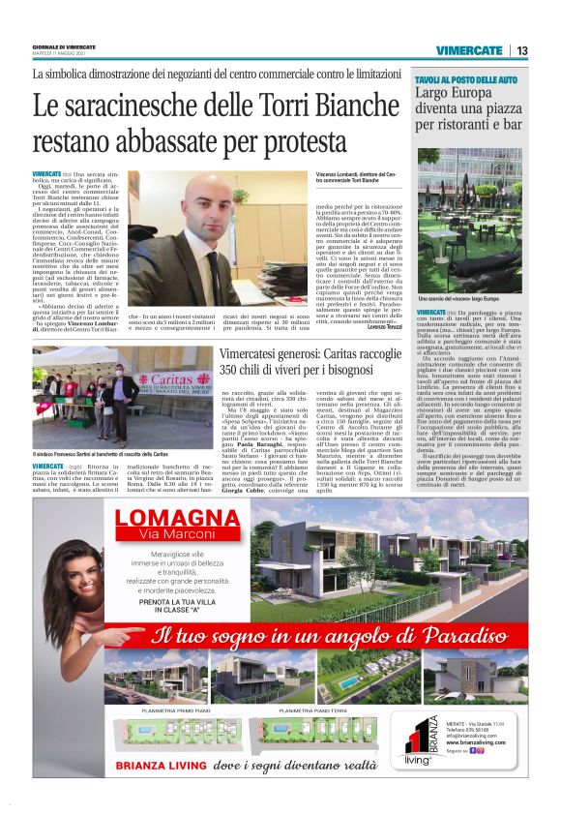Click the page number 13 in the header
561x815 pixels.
coord(520,50)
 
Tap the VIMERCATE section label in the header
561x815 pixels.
coord(468,50)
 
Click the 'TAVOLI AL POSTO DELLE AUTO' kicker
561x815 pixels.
coord(466,77)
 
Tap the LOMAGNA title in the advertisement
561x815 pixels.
coord(176,517)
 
